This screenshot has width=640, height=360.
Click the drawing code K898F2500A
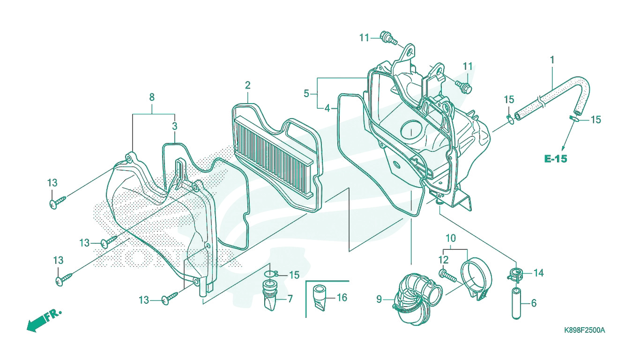[x=584, y=330]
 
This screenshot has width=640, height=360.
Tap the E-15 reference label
[x=555, y=159]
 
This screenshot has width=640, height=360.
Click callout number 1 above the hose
[x=552, y=60]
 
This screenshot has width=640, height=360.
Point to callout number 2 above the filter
[x=247, y=85]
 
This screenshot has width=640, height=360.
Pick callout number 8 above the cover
[x=152, y=97]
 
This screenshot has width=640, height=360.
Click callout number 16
[x=342, y=298]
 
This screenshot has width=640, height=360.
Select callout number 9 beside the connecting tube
[x=379, y=300]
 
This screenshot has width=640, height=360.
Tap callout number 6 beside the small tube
[x=534, y=303]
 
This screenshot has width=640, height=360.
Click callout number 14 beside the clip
[x=539, y=273]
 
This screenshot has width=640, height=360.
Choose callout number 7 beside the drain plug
[x=290, y=299]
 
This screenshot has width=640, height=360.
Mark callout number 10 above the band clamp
[x=451, y=238]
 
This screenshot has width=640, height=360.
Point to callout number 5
[x=306, y=93]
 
